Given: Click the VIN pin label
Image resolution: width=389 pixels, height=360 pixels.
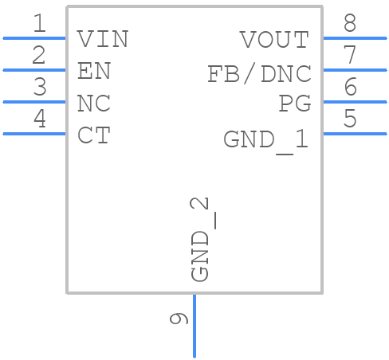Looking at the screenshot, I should (x=103, y=39).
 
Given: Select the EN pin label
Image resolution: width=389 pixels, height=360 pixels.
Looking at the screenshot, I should (x=94, y=72).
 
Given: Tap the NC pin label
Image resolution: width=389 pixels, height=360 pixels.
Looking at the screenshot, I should (x=94, y=104).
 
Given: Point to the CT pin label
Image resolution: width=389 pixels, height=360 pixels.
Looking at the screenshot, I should (x=94, y=136).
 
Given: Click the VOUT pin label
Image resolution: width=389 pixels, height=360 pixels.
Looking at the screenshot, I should (x=274, y=39).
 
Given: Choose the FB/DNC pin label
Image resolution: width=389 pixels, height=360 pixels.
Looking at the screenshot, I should (x=259, y=74).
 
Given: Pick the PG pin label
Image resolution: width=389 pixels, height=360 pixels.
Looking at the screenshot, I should (x=294, y=104).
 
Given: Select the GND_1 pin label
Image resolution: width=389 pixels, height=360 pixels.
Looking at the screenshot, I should (x=265, y=140).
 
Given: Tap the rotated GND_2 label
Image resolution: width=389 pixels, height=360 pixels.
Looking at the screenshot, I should (x=202, y=239).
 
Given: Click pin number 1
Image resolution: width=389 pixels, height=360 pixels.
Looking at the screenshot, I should (x=39, y=24).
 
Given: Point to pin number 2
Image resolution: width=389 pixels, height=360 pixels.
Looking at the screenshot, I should (x=39, y=56).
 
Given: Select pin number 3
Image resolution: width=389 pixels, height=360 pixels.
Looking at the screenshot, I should (x=39, y=88).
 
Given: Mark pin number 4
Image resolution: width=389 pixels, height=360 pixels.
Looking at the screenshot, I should (x=39, y=119).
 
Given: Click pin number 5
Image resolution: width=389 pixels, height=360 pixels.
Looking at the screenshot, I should (x=350, y=119).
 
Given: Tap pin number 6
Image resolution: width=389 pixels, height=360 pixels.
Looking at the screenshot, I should (x=350, y=88).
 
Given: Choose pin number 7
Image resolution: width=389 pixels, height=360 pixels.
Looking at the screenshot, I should (x=350, y=56).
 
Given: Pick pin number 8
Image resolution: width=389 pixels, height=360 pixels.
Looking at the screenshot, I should (x=350, y=24).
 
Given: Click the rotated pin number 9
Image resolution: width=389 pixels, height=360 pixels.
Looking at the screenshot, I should (x=179, y=319).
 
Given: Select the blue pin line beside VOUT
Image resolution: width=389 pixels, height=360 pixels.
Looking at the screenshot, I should (x=354, y=37).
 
